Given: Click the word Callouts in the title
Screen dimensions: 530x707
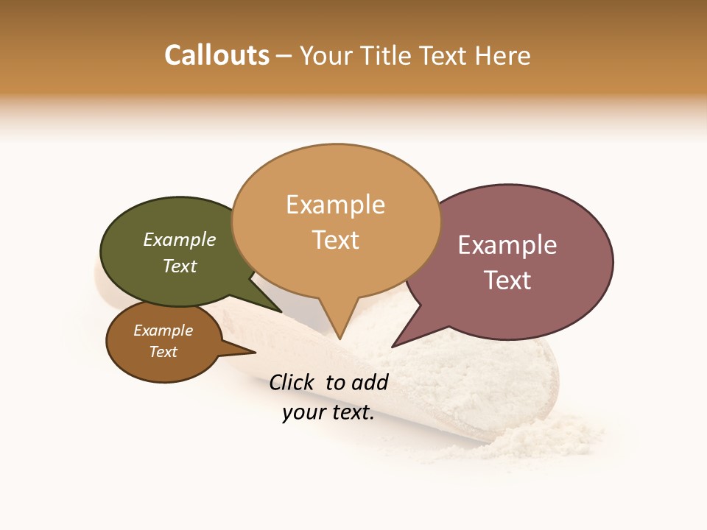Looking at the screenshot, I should [217, 55].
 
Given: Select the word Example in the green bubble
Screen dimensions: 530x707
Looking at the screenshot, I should [180, 240].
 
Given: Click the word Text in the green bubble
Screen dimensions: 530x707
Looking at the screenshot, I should [180, 266].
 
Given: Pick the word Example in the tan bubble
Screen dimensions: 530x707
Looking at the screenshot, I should [335, 205].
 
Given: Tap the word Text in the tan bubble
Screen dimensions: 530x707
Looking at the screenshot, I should [335, 240].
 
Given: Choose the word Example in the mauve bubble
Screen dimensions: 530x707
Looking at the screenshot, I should [507, 245].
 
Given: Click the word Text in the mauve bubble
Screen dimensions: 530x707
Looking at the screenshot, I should [507, 280].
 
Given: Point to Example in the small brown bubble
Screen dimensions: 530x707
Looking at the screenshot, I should [163, 331].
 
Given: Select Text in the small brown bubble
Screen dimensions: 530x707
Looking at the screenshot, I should [163, 352].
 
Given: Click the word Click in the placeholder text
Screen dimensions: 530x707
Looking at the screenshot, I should [292, 382].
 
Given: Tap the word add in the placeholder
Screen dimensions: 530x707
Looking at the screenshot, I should [370, 382].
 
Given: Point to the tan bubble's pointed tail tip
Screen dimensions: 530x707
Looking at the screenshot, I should [340, 339].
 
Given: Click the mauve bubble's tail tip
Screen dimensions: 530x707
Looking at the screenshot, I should [392, 347].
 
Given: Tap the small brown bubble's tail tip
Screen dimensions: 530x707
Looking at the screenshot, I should [255, 353].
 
